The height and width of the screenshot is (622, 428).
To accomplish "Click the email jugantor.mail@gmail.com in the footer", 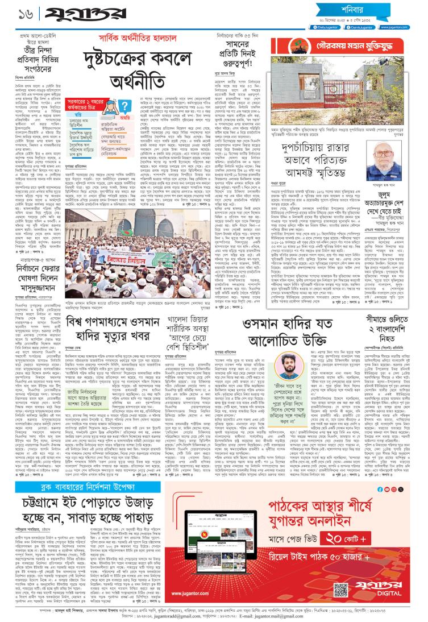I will click(x=296, y=617).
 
